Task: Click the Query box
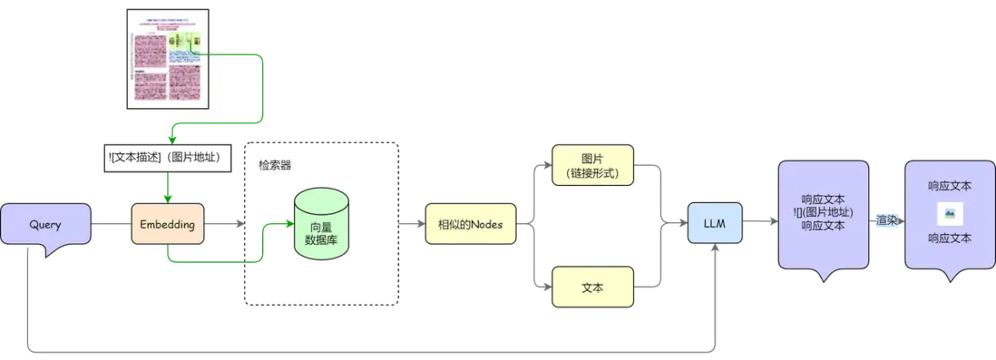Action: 46,223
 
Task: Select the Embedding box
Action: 169,224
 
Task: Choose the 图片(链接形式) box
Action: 591,165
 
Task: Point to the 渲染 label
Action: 885,219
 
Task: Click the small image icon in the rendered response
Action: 949,213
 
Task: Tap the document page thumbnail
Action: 166,62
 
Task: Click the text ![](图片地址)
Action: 822,213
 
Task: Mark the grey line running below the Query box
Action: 363,349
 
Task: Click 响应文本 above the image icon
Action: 949,186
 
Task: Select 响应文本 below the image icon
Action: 949,239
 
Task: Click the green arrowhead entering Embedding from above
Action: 167,195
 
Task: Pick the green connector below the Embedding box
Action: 209,262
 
